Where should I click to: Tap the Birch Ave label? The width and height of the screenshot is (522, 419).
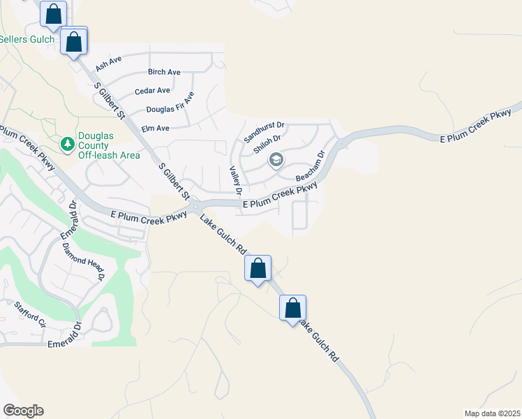(x=164, y=72)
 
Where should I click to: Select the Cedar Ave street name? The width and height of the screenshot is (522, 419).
(x=152, y=91)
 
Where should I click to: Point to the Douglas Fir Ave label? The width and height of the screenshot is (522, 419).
(x=169, y=110)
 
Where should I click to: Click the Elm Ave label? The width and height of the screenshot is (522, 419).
(x=155, y=128)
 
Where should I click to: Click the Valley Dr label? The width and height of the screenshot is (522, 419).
(x=236, y=179)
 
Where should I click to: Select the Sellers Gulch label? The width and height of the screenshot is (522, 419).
(x=27, y=40)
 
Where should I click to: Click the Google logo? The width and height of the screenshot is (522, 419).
(x=23, y=411)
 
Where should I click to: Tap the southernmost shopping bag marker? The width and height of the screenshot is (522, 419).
(x=293, y=308)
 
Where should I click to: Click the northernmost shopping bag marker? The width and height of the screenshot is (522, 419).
(x=53, y=13)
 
